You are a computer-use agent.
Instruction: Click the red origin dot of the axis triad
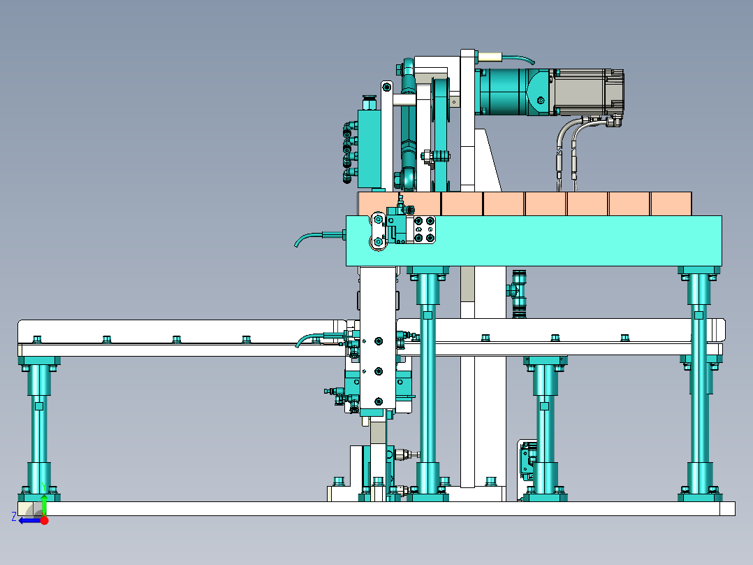[44, 520]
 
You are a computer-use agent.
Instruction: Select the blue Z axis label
[14, 517]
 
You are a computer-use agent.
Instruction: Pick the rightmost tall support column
[699, 384]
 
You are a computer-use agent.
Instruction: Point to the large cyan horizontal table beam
[534, 241]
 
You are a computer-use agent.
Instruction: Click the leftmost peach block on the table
[400, 204]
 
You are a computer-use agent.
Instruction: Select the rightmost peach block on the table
[671, 204]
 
